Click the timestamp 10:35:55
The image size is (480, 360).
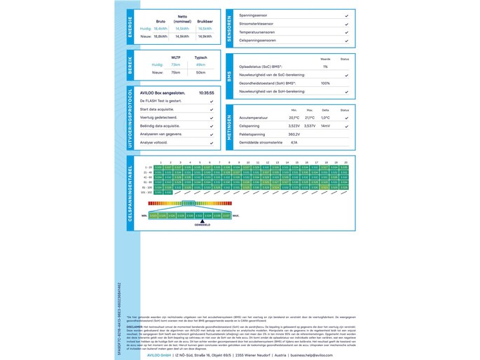click(x=206, y=92)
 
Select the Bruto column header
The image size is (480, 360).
click(x=160, y=21)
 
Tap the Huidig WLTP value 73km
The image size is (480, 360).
click(x=175, y=64)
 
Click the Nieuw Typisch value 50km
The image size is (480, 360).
click(x=200, y=72)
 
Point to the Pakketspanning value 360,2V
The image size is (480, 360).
click(x=294, y=134)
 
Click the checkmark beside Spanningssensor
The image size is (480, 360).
click(x=346, y=15)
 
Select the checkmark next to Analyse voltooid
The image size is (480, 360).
click(x=212, y=143)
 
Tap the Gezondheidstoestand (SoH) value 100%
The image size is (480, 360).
click(x=325, y=83)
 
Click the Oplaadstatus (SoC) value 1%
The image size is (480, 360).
click(x=325, y=67)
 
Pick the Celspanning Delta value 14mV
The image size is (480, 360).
click(x=325, y=126)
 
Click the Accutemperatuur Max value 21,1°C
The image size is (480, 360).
click(x=310, y=118)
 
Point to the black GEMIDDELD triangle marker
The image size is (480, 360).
click(x=202, y=221)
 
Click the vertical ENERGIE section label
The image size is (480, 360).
click(x=130, y=27)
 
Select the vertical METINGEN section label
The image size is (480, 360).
click(x=229, y=127)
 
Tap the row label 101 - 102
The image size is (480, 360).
click(x=146, y=193)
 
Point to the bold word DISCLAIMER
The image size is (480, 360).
click(x=135, y=326)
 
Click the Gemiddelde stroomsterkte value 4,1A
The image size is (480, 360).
click(x=294, y=142)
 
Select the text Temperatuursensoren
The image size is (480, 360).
click(x=257, y=32)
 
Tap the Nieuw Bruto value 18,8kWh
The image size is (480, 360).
click(x=160, y=36)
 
